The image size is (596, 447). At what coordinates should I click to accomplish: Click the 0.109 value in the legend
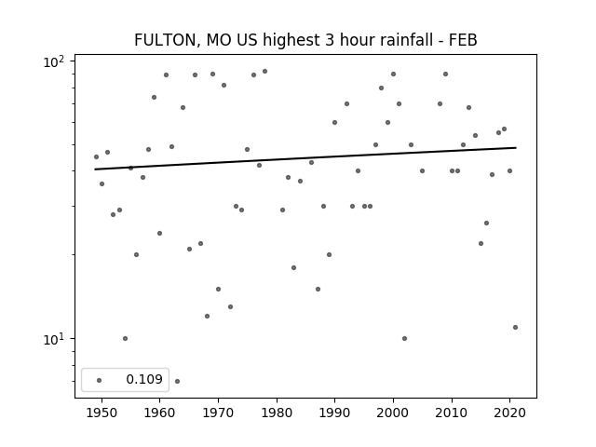coord(144,380)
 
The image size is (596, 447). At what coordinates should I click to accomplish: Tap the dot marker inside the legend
coord(99,380)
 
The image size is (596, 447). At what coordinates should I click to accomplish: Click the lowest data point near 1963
coord(177,381)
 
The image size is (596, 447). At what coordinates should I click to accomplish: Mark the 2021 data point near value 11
coord(515,327)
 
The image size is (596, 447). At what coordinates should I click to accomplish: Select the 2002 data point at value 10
coord(404,338)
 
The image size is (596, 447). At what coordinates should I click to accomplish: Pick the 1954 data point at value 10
coord(125,338)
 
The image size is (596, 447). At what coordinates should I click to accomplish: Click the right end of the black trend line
coord(515,148)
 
